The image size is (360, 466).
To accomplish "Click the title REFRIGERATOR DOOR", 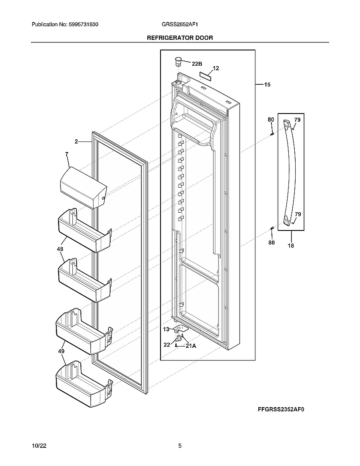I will (180, 38).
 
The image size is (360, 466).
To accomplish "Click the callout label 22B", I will (197, 64).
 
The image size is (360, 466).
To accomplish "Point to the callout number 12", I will (216, 68).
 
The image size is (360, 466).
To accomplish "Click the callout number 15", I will (267, 85).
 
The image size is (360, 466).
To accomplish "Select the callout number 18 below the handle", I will (291, 245).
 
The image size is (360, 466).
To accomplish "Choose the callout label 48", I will (60, 250).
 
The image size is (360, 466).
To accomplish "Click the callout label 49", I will (61, 351).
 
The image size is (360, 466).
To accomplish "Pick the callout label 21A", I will (191, 346).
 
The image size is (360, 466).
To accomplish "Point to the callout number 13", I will (166, 329).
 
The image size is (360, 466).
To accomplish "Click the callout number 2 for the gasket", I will (76, 142).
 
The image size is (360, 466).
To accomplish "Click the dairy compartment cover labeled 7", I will (83, 187).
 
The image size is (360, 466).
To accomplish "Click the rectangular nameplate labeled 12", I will (205, 76).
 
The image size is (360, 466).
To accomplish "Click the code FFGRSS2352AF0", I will (281, 410).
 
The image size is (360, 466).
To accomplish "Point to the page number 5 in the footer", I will (180, 446).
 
